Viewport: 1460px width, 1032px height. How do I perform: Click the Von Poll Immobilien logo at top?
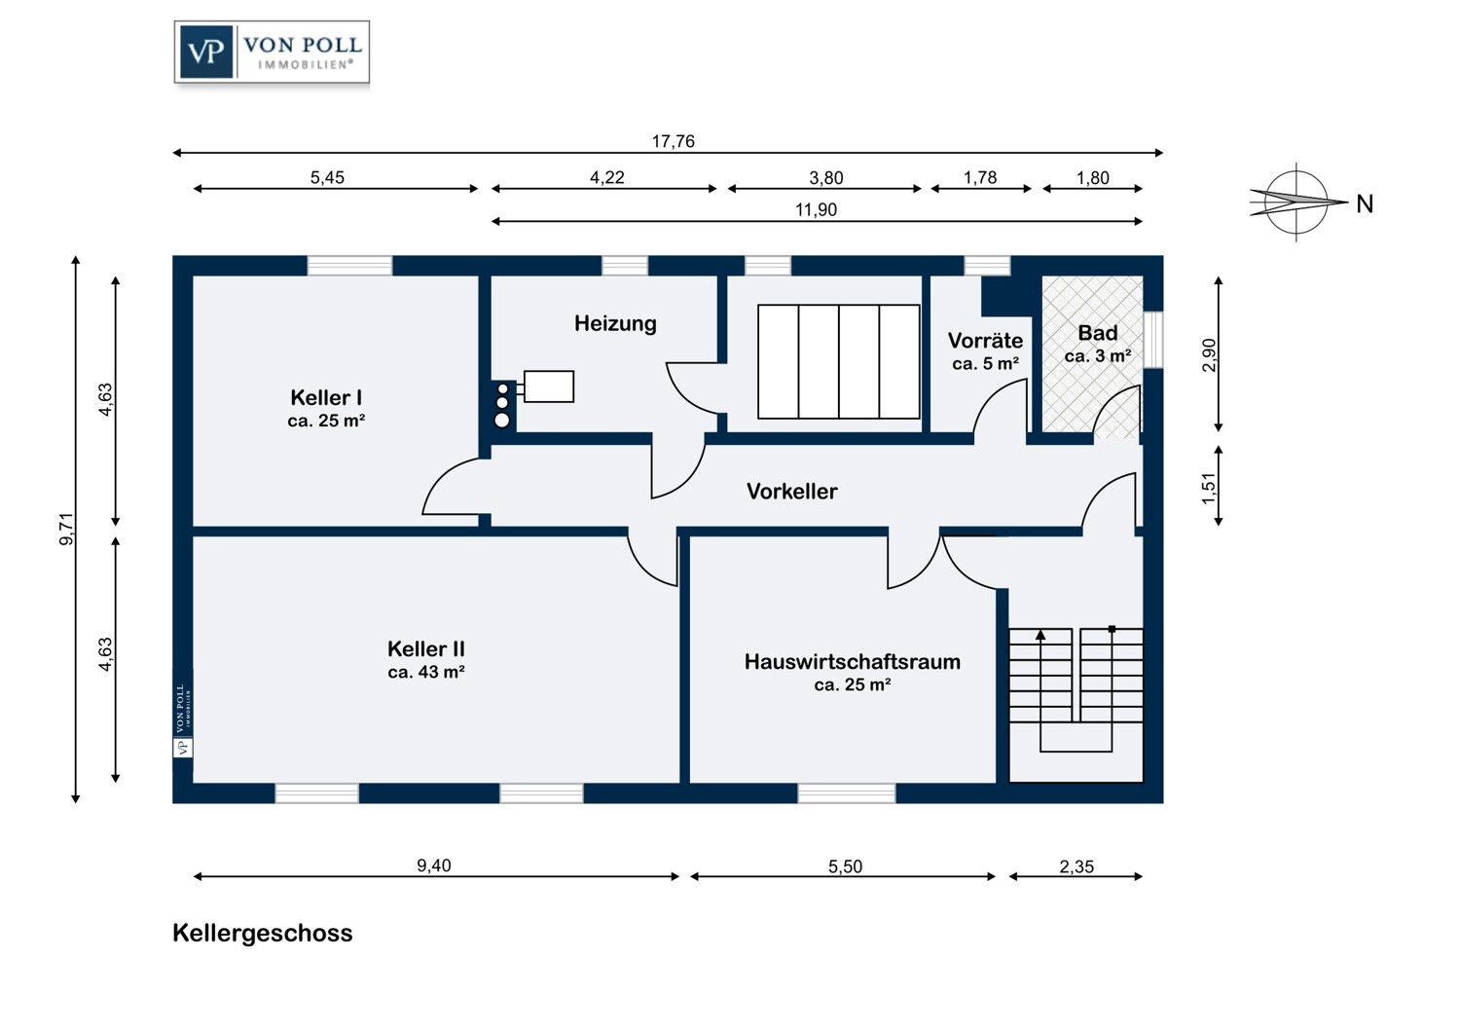coord(272,53)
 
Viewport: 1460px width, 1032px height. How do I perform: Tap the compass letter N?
coord(1365,204)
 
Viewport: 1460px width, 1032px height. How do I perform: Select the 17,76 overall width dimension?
coord(673,142)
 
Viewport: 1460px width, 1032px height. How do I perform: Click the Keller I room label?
coord(326,398)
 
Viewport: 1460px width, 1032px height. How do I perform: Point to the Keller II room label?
coord(425,649)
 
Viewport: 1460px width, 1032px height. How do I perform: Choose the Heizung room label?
coord(615,324)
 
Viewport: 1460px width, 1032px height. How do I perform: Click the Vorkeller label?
coord(791,492)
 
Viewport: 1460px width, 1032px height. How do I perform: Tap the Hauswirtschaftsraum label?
coord(852,662)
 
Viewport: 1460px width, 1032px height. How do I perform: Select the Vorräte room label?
coord(985,341)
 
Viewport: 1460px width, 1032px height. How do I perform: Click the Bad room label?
coord(1097,333)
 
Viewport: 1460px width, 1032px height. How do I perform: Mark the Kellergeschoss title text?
coord(263,933)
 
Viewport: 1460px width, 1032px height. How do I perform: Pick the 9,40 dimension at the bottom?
coord(434,866)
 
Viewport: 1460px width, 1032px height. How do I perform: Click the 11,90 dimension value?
coord(816,210)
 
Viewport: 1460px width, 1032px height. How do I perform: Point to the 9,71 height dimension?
coord(67,529)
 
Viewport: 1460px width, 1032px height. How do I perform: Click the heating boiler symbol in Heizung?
coord(548,387)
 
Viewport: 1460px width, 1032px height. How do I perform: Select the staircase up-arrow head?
coord(1040,635)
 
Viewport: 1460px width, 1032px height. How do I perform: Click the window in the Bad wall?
coord(1153,339)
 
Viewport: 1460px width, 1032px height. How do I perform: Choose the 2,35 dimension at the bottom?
coord(1077,866)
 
